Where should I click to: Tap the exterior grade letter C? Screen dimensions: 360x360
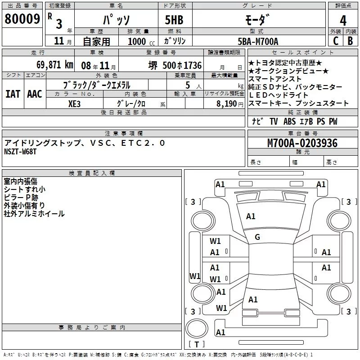(x=335, y=40)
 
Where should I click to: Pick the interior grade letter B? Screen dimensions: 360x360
(x=351, y=40)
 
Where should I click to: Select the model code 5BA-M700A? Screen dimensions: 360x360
(x=258, y=41)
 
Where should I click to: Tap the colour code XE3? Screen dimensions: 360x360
(x=74, y=103)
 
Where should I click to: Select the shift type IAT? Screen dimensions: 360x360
(x=13, y=94)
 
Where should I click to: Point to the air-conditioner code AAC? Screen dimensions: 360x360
(x=34, y=94)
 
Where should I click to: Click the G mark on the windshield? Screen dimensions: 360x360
(x=257, y=237)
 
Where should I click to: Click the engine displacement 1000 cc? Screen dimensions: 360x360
(x=138, y=41)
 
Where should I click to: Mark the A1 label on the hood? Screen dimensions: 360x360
(x=251, y=216)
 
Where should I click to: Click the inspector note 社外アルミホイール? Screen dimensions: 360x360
(x=34, y=213)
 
